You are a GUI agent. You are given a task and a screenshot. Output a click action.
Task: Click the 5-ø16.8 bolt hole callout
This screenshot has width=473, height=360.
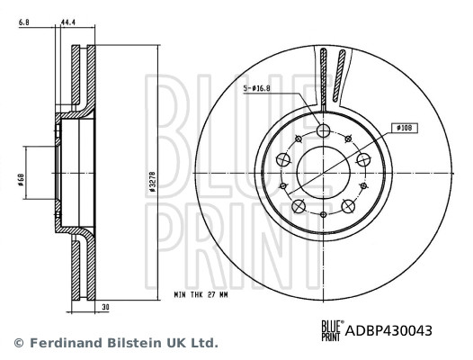point(259,88)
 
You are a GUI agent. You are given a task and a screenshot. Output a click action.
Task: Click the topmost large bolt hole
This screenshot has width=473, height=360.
point(323,131)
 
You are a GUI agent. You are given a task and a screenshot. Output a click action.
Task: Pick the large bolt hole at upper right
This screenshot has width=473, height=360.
point(363,160)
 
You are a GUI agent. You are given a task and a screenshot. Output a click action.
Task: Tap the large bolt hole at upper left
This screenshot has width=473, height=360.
point(282,160)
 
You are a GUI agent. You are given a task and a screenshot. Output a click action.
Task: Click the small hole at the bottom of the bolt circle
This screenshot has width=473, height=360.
point(323,214)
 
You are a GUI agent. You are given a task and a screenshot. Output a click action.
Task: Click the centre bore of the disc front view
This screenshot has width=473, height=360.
point(323,173)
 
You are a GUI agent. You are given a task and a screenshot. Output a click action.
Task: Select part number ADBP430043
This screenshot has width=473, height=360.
point(388,331)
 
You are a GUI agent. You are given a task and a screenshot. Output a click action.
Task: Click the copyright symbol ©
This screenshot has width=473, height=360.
point(17,343)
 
